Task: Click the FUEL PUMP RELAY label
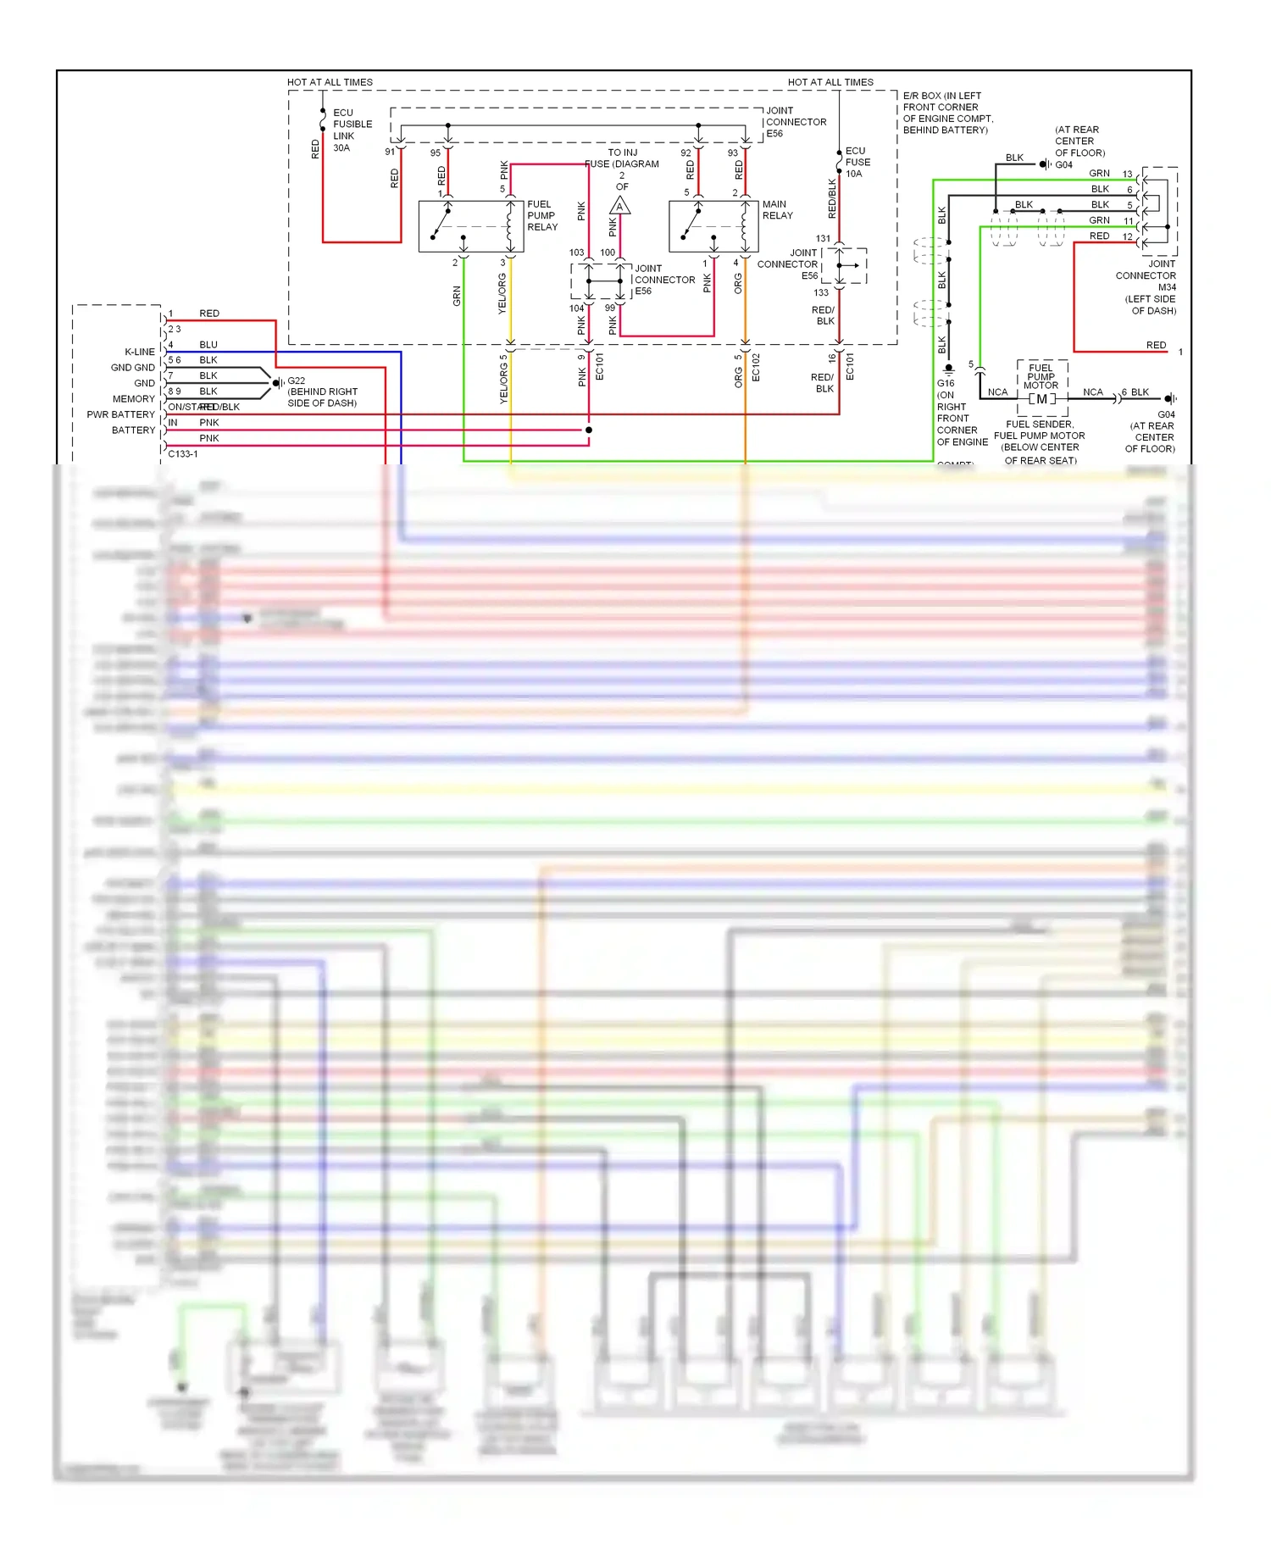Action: coord(542,215)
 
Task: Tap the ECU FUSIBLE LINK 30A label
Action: coord(352,130)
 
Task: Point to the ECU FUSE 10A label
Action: coord(857,162)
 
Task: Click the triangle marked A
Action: coord(619,206)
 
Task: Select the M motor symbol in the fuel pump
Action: coord(1041,399)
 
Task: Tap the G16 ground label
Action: coord(946,383)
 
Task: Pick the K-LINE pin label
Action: coord(140,352)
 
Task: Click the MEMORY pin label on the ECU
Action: coord(134,398)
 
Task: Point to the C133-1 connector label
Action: coord(183,453)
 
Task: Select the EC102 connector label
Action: coord(756,368)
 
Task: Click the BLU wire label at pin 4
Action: coord(208,345)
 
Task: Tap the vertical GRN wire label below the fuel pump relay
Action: coord(457,296)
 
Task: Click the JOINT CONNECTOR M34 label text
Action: coord(1146,275)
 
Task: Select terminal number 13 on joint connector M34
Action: coord(1127,175)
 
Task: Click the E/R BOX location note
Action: coord(947,113)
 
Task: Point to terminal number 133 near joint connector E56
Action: coord(821,293)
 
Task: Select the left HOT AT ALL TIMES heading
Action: coord(330,82)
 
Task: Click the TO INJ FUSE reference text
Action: coord(622,158)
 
